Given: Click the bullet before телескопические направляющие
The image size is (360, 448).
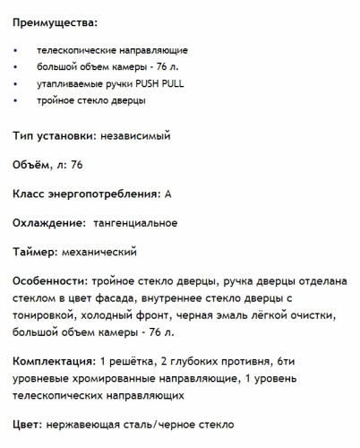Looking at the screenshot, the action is coord(17,50).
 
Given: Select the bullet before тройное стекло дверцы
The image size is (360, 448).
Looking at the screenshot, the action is coord(17,100).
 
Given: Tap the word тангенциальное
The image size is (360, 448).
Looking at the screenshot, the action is coord(134,222).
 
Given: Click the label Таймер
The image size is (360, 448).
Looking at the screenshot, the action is coord(37,251).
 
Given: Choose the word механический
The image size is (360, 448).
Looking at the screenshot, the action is coord(99,251).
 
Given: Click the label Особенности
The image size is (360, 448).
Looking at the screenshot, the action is coord(50,280).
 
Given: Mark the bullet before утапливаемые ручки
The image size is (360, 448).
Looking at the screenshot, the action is coord(17,83).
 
